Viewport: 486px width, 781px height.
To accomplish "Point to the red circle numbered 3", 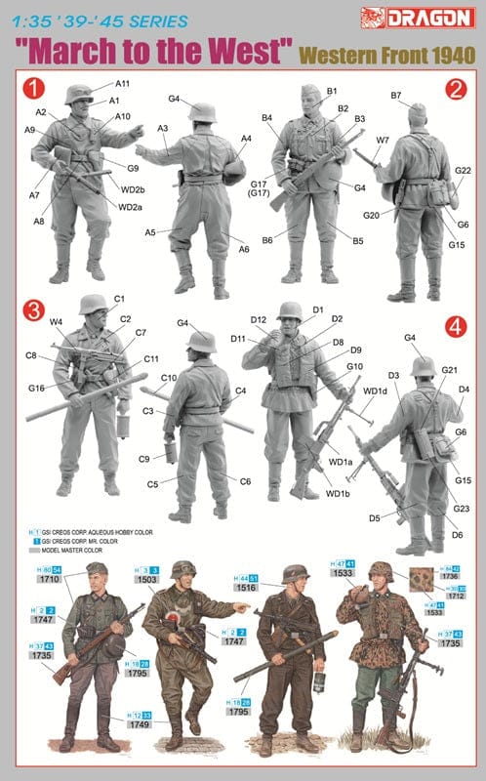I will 35,311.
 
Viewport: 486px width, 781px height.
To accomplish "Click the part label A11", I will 122,85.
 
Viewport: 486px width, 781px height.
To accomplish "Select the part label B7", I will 396,96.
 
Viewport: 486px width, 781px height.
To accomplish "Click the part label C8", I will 32,356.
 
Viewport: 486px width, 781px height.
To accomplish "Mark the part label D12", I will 258,319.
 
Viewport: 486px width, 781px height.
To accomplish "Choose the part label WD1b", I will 338,492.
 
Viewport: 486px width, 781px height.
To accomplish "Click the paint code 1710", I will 49,579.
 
